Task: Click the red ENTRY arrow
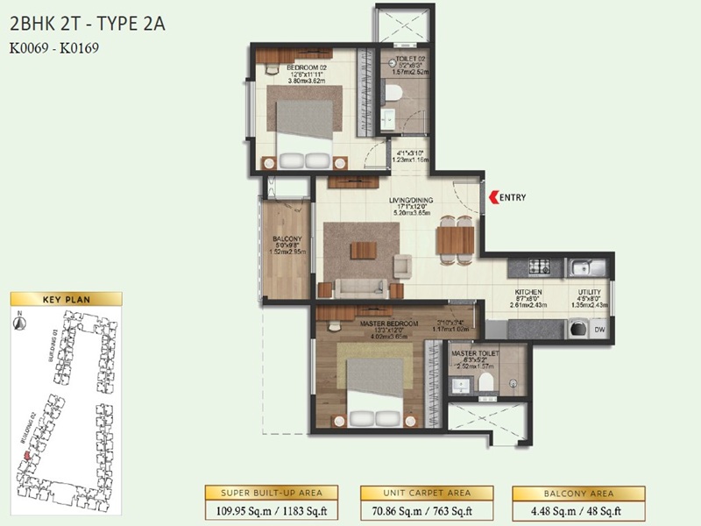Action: coord(492,197)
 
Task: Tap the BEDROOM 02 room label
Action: coord(288,67)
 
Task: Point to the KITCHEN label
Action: coord(528,292)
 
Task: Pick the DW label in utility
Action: coord(598,330)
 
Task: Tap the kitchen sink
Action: coord(580,267)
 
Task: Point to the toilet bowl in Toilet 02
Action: coord(393,93)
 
